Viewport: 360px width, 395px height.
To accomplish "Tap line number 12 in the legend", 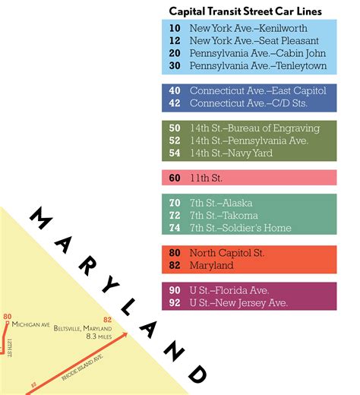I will point(175,40).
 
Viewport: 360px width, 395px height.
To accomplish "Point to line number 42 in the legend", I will point(175,103).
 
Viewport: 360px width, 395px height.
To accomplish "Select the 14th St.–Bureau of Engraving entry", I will point(254,128).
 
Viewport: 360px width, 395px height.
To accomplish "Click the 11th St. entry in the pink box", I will point(205,178).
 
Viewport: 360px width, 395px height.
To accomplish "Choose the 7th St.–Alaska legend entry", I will point(221,203).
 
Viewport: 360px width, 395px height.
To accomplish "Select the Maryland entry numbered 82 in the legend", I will point(213,266).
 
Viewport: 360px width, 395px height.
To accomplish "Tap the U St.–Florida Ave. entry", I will point(229,290).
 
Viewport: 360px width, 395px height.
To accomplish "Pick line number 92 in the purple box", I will point(175,303).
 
